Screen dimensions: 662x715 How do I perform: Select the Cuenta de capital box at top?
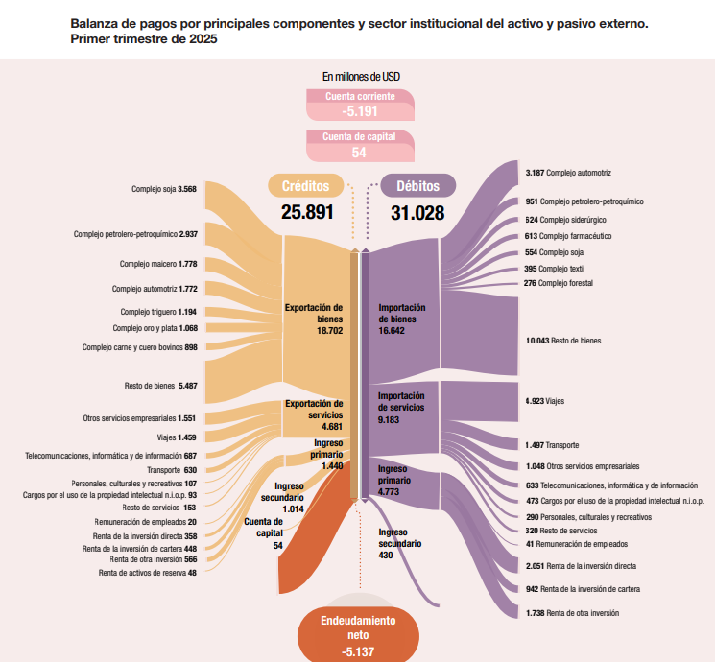(x=360, y=145)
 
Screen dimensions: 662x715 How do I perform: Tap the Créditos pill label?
(x=306, y=185)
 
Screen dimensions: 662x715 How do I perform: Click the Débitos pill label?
(x=417, y=185)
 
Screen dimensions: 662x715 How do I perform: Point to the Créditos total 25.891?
(x=307, y=212)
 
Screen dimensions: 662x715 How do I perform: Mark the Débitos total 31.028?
(x=417, y=212)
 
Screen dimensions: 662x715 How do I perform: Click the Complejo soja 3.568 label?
(x=164, y=189)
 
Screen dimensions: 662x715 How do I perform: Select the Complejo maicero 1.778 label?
(x=158, y=264)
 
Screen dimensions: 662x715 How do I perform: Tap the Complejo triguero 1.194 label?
(x=158, y=312)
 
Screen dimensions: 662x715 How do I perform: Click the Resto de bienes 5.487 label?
(x=160, y=386)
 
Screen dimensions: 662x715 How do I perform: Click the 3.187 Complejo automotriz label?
(x=569, y=173)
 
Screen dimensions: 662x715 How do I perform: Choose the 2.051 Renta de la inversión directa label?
(x=581, y=566)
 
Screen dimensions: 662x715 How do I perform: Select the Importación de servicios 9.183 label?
(x=401, y=407)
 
